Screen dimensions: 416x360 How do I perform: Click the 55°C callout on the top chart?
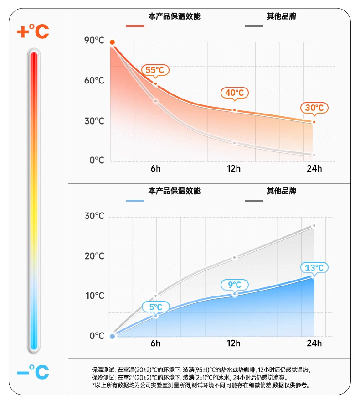pyautogui.click(x=155, y=70)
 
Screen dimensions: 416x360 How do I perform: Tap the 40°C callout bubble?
pyautogui.click(x=235, y=93)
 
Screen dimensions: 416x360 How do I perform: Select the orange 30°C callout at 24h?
pyautogui.click(x=314, y=108)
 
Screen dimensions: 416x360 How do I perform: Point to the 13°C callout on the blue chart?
pyautogui.click(x=314, y=268)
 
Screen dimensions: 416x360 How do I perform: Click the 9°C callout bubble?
pyautogui.click(x=235, y=285)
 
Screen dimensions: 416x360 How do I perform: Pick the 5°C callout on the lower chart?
pyautogui.click(x=155, y=307)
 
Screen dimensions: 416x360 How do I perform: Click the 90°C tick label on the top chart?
pyautogui.click(x=94, y=41)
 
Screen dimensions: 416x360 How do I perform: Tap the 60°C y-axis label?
pyautogui.click(x=94, y=81)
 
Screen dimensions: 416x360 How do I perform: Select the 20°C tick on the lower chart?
pyautogui.click(x=94, y=256)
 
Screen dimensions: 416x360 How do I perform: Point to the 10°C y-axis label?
pyautogui.click(x=94, y=296)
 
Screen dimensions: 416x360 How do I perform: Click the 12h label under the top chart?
pyautogui.click(x=234, y=169)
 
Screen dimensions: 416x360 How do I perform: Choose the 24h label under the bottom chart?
pyautogui.click(x=314, y=343)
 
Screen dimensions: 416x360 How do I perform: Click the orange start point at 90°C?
pyautogui.click(x=112, y=42)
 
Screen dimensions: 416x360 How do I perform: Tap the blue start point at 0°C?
pyautogui.click(x=113, y=337)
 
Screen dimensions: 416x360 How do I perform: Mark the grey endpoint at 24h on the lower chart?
pyautogui.click(x=314, y=226)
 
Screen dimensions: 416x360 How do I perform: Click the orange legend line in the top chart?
pyautogui.click(x=135, y=26)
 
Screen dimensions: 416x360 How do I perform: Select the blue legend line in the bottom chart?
pyautogui.click(x=135, y=201)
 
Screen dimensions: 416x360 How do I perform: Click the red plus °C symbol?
pyautogui.click(x=32, y=31)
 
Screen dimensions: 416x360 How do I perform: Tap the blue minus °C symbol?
pyautogui.click(x=32, y=372)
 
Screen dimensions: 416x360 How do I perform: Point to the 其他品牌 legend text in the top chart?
pyautogui.click(x=281, y=17)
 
